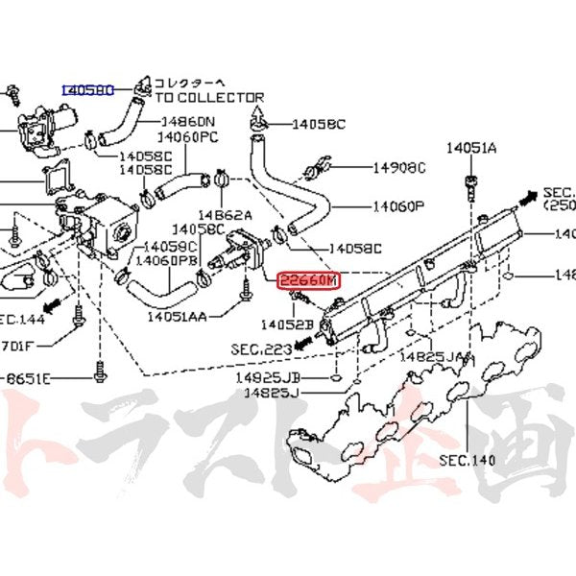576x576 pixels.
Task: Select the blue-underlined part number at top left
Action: pyautogui.click(x=88, y=89)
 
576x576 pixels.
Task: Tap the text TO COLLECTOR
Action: pyautogui.click(x=209, y=97)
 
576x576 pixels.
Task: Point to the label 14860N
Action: pyautogui.click(x=188, y=122)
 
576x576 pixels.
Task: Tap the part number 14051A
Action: pyautogui.click(x=471, y=148)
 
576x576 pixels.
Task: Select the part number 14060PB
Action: pyautogui.click(x=166, y=260)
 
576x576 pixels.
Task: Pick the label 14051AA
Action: pyautogui.click(x=180, y=315)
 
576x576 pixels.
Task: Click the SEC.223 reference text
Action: pyautogui.click(x=260, y=348)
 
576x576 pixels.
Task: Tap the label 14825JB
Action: pyautogui.click(x=266, y=377)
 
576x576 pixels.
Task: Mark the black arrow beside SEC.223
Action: pyautogui.click(x=304, y=341)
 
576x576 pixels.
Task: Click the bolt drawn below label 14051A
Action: pyautogui.click(x=470, y=182)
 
